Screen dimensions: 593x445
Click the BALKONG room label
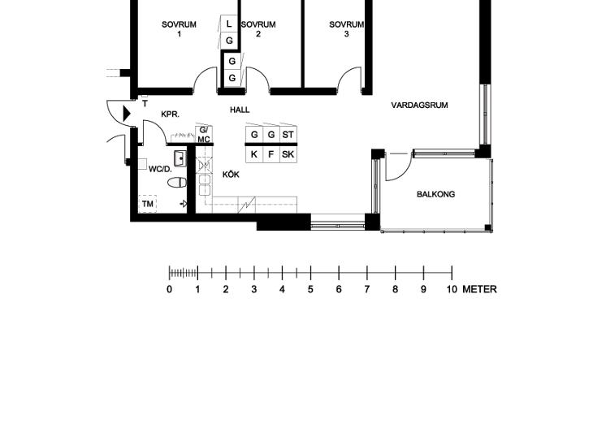pos(435,194)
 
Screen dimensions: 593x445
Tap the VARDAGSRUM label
pos(419,105)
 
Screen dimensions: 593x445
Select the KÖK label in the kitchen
pos(231,175)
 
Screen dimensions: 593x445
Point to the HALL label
pos(240,110)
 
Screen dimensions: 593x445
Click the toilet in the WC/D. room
pos(177,183)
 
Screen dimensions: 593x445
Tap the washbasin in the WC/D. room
pos(180,158)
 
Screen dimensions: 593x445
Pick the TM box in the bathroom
pos(148,204)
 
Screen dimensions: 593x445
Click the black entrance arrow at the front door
pos(127,114)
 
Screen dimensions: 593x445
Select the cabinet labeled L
pos(229,24)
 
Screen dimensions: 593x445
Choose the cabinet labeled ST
pos(288,135)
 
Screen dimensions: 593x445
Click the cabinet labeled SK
pos(288,154)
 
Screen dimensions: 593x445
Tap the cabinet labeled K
pos(254,154)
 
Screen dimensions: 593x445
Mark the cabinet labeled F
pos(271,154)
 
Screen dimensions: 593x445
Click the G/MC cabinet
pos(204,135)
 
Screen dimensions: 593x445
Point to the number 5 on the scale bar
pos(310,290)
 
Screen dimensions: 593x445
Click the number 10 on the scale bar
pos(452,290)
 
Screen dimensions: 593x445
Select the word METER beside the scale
pos(479,290)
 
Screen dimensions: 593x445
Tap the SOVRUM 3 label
pos(346,29)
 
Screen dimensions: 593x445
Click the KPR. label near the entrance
pos(171,114)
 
